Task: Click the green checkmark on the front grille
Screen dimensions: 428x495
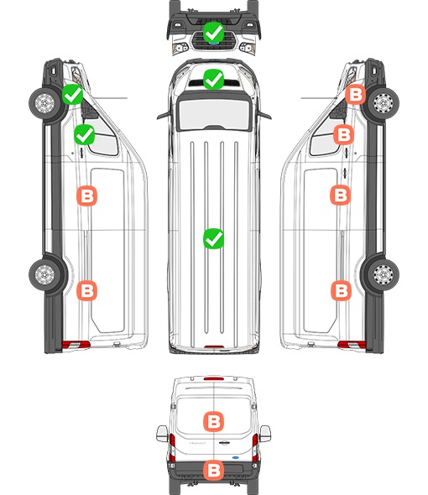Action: click(213, 32)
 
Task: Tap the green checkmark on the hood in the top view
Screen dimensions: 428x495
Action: click(213, 79)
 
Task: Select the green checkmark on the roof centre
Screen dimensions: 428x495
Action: click(213, 238)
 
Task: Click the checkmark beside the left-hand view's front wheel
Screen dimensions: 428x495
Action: click(73, 94)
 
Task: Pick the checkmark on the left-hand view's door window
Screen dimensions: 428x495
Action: click(84, 134)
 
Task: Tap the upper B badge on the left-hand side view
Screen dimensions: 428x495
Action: click(87, 196)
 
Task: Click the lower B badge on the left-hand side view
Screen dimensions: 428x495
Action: click(87, 290)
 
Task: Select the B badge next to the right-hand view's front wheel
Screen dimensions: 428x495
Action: click(355, 94)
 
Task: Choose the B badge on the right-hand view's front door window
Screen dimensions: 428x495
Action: click(344, 134)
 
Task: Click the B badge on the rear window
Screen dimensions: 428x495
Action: click(213, 421)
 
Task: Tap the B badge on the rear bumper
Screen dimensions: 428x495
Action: click(213, 470)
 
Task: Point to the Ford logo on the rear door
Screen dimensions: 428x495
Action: click(235, 457)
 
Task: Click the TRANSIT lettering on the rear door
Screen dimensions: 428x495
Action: click(197, 443)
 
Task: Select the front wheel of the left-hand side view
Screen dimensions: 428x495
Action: click(44, 103)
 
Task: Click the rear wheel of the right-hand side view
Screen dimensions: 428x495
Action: click(384, 274)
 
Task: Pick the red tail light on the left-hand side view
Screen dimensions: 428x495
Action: click(76, 345)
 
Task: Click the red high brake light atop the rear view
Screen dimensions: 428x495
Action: click(214, 378)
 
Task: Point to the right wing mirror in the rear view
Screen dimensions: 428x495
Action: click(265, 434)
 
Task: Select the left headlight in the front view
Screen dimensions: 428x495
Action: click(180, 48)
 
